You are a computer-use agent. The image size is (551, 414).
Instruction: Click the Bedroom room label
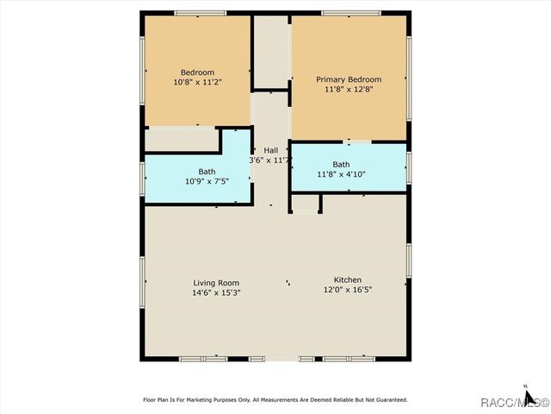click(x=197, y=72)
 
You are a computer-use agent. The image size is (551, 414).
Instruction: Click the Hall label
click(x=270, y=150)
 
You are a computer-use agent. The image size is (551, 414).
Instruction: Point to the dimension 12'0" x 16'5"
click(x=348, y=291)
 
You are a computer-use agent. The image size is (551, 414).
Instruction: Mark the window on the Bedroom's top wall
click(x=200, y=13)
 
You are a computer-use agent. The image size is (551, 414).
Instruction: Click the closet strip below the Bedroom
click(x=182, y=139)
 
